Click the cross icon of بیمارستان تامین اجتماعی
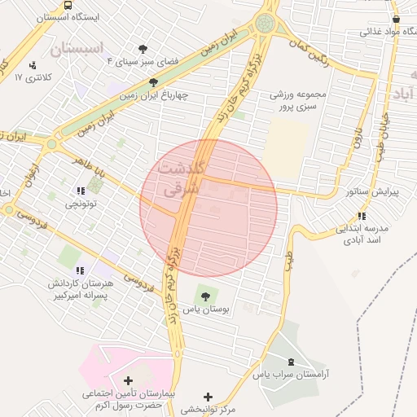click(128, 380)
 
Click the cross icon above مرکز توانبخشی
click(210, 396)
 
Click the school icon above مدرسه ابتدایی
click(361, 216)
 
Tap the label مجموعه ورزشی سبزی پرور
click(298, 99)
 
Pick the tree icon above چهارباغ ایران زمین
click(154, 81)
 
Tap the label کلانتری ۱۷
click(33, 77)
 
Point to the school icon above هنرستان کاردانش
click(79, 270)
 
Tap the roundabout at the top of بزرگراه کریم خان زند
click(266, 24)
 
